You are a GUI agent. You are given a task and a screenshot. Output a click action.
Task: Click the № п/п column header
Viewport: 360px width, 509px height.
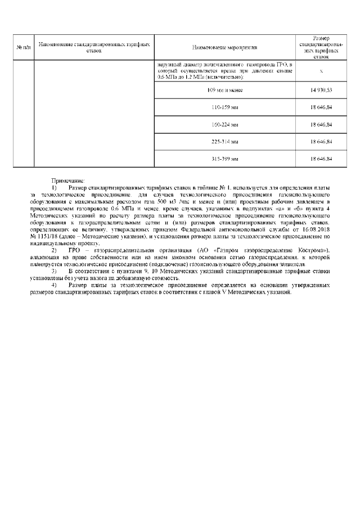tap(24, 47)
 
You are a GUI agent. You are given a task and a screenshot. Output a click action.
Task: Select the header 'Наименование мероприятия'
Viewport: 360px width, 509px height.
tap(224, 47)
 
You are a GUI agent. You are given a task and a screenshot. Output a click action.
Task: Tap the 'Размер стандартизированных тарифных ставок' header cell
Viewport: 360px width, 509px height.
tap(321, 47)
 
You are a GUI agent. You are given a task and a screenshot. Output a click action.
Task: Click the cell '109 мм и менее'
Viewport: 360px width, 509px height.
tap(224, 90)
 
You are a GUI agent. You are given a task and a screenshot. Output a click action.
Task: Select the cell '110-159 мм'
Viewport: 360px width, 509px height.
tap(224, 106)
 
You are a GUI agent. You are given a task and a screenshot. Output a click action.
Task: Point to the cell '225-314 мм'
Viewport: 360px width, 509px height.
tap(224, 141)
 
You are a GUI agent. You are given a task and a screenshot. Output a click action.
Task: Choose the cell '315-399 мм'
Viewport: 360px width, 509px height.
tap(224, 159)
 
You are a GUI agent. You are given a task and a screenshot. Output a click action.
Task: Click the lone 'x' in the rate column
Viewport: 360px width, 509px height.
tap(321, 71)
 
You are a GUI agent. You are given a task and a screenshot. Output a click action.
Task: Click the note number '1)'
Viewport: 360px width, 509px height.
tap(54, 187)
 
